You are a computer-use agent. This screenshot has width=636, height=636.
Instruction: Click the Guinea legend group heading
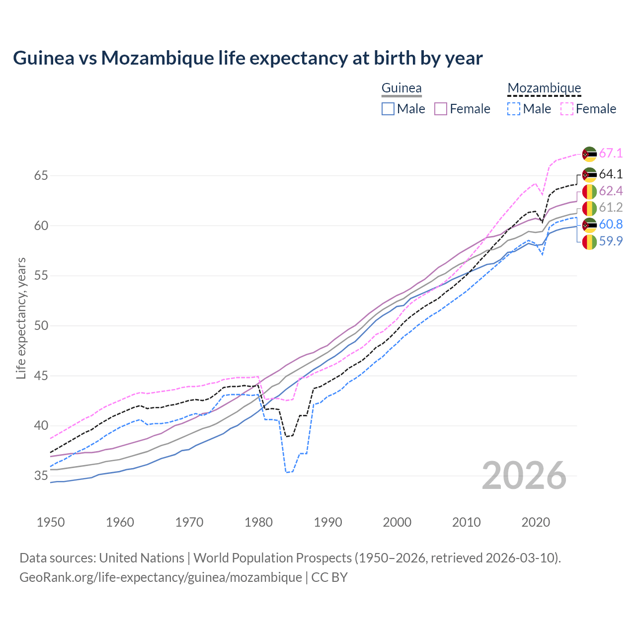click(x=401, y=88)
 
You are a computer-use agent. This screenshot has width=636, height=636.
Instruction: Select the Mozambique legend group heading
click(x=544, y=88)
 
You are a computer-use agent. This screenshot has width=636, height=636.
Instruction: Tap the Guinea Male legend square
click(x=388, y=109)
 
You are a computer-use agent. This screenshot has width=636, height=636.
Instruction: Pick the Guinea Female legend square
click(x=441, y=109)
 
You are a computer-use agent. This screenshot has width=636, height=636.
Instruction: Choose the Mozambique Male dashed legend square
click(x=514, y=109)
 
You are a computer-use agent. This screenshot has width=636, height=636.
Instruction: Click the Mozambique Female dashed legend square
click(x=567, y=109)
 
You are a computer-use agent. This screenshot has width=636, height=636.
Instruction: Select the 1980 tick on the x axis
click(x=259, y=522)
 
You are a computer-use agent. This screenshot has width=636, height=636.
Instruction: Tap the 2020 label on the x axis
click(x=536, y=522)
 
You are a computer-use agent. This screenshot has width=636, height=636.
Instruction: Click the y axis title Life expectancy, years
click(x=21, y=318)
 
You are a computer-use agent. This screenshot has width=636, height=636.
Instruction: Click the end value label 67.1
click(x=611, y=154)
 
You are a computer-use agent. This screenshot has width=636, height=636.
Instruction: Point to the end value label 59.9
click(x=611, y=241)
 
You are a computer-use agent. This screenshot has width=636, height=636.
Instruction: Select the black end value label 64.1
click(x=611, y=174)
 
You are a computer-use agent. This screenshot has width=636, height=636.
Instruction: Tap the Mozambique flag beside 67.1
click(x=589, y=154)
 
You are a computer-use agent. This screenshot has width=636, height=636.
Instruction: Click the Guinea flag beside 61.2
click(x=589, y=208)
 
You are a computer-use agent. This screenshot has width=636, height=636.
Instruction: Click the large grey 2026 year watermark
click(x=524, y=476)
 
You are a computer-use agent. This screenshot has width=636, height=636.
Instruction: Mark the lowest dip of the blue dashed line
click(x=287, y=472)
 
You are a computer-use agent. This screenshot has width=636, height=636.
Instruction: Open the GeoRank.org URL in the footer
click(x=160, y=577)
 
